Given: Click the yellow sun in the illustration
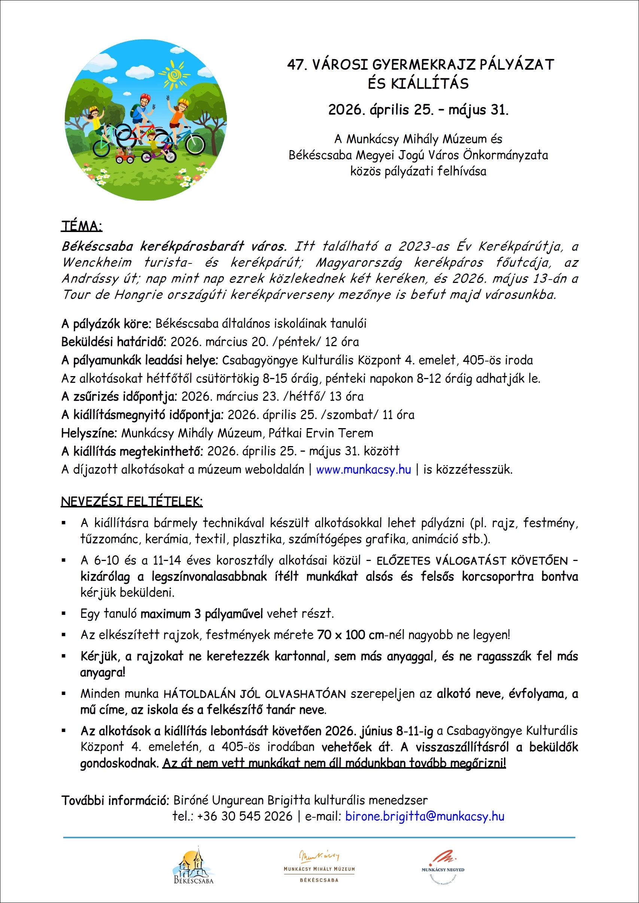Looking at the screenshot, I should point(174,74).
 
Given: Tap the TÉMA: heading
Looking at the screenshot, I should point(82,226).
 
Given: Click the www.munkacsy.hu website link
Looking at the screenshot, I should point(363,469).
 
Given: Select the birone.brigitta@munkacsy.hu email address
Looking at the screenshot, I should point(425,816).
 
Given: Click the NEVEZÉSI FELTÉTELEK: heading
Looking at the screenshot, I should point(131,501).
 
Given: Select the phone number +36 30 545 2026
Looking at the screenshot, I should point(245,816).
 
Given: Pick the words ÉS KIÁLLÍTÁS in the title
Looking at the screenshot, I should point(418,84).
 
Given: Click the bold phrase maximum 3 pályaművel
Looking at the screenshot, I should point(201,613).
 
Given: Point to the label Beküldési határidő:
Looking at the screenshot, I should point(114,341).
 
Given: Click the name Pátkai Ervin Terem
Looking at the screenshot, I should point(321,433).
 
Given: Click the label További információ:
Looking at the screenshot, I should point(115,800).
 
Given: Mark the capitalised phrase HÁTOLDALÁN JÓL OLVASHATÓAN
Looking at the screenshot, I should point(254,694).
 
